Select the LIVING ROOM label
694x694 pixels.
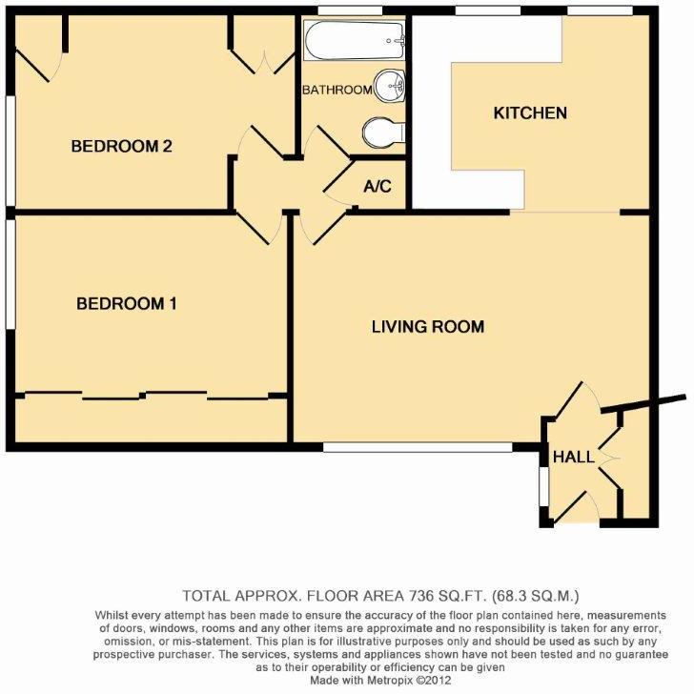click(427, 327)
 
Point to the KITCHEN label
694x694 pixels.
click(529, 113)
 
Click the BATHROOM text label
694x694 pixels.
click(337, 91)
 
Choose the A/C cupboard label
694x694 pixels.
click(378, 187)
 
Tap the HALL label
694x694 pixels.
click(575, 458)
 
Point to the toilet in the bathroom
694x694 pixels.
click(378, 132)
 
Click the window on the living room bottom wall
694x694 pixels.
click(404, 446)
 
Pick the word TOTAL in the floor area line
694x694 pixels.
click(207, 593)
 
